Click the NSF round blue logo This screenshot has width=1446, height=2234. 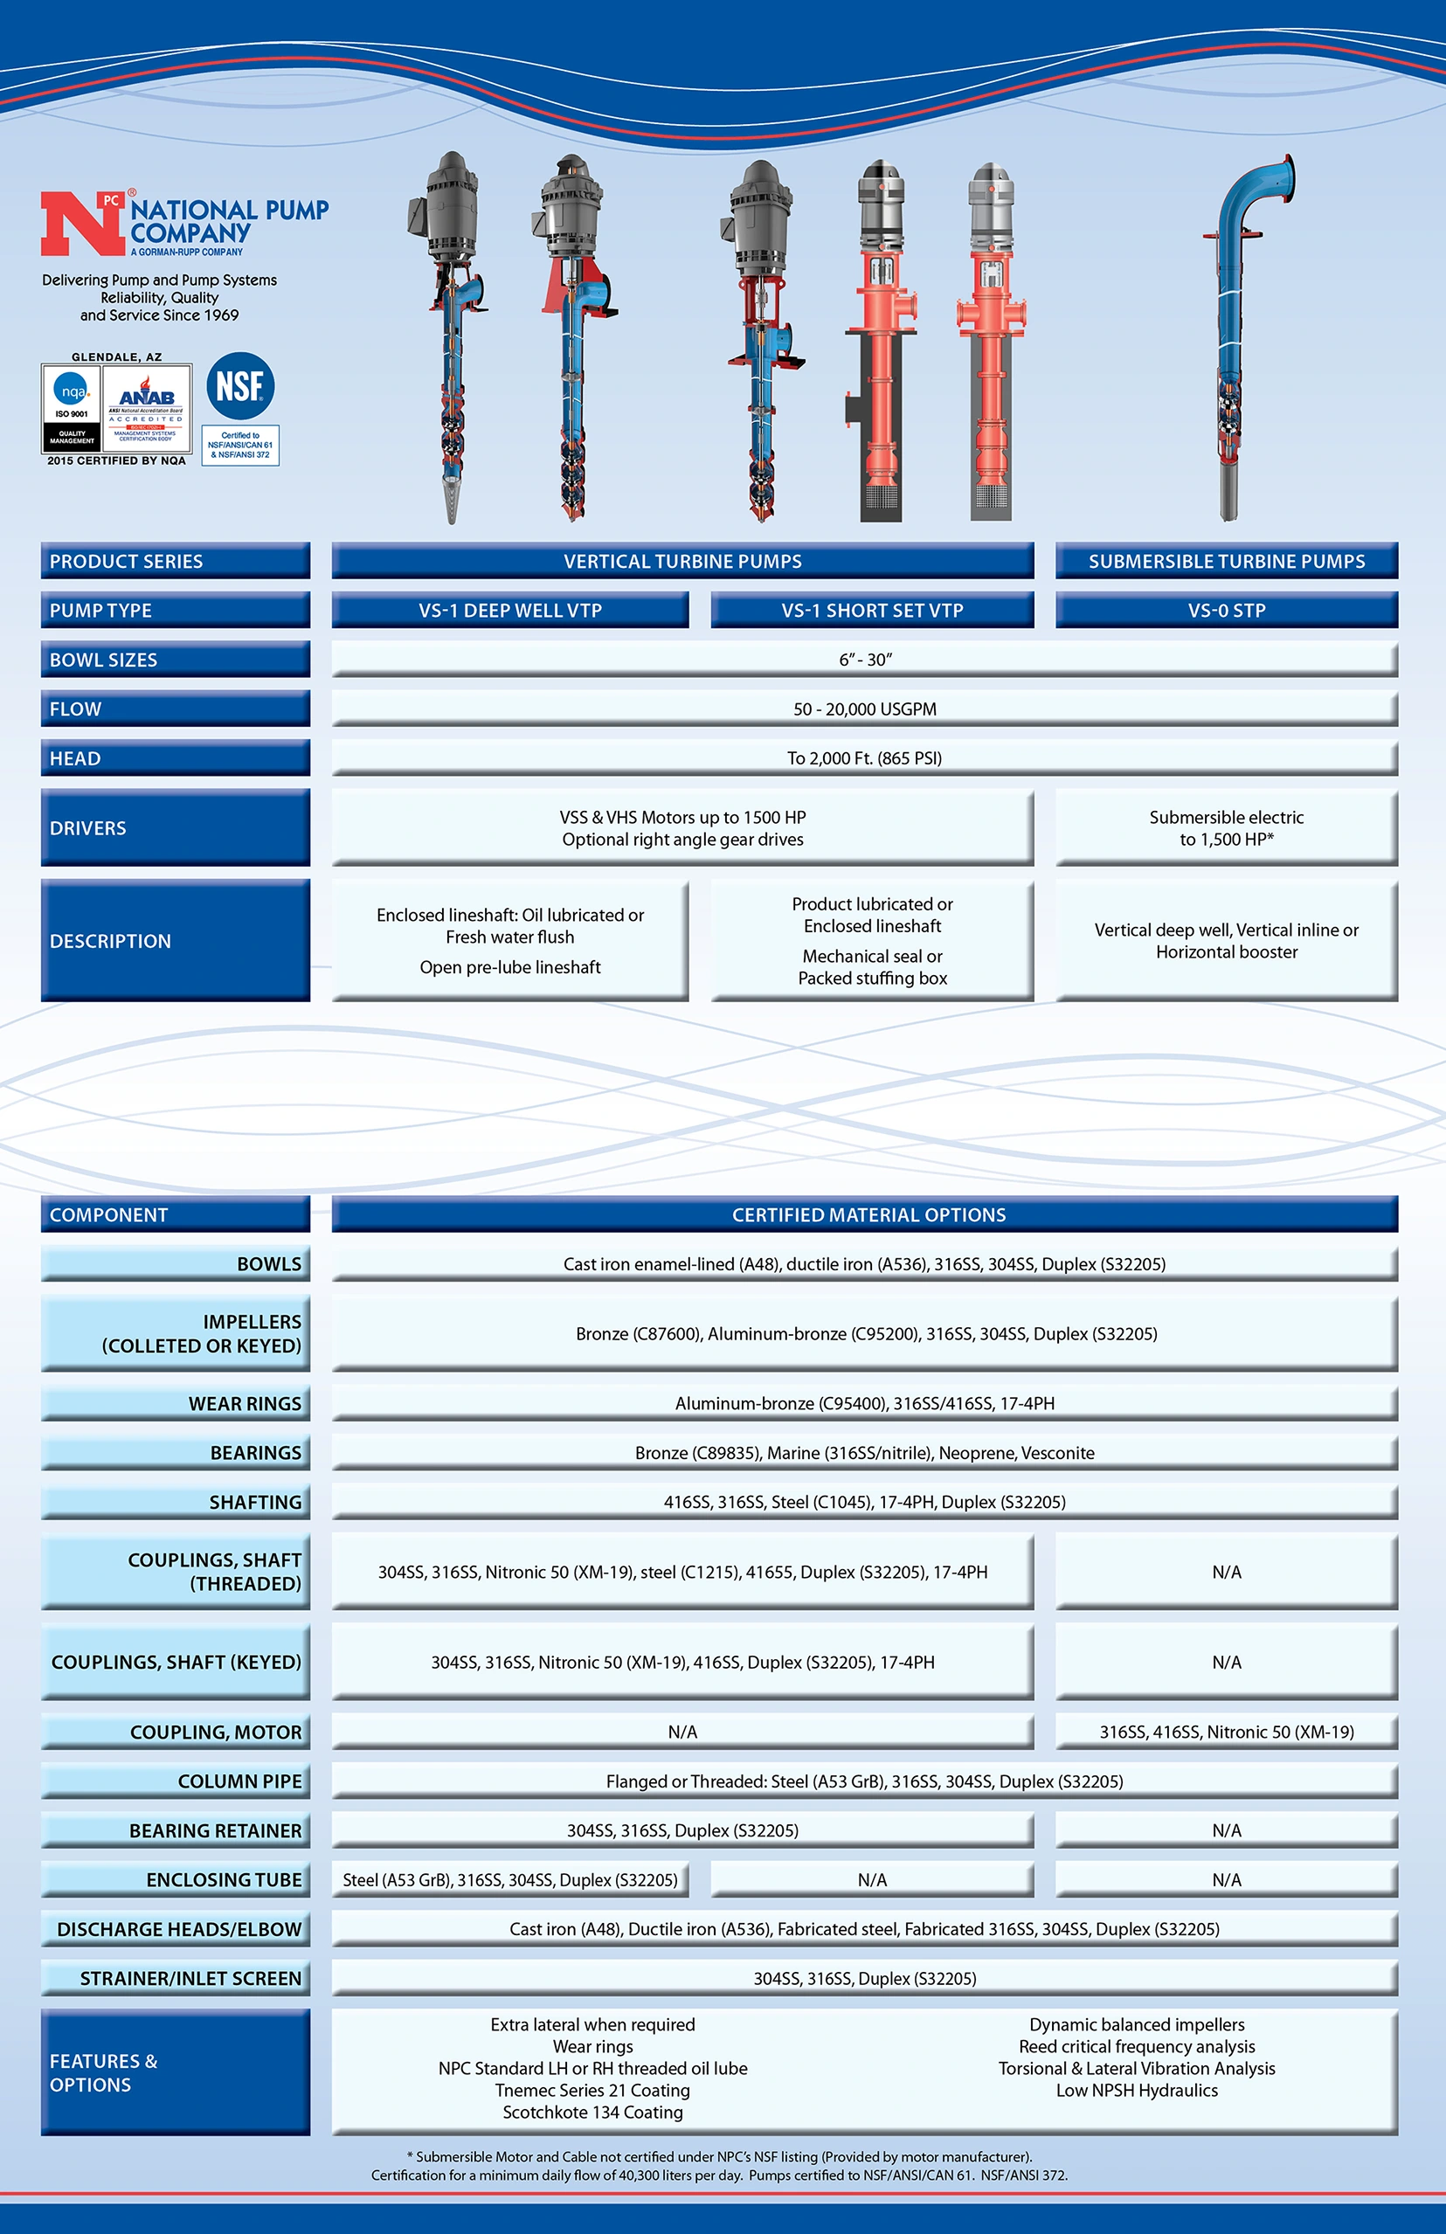pos(240,386)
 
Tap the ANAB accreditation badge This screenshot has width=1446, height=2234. pos(146,406)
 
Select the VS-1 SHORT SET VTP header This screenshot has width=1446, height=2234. pos(871,610)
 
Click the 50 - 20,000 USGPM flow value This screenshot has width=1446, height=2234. pos(864,709)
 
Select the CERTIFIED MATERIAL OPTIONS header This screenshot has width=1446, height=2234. pos(868,1214)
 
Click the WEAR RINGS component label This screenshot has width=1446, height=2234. pos(244,1404)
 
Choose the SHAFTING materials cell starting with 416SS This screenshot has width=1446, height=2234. pos(864,1503)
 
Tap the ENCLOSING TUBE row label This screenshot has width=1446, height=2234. pos(224,1880)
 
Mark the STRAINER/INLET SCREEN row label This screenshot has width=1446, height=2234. pos(190,1979)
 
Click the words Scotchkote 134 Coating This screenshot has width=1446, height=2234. pos(592,2113)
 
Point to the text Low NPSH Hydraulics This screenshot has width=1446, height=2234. pos(1136,2092)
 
